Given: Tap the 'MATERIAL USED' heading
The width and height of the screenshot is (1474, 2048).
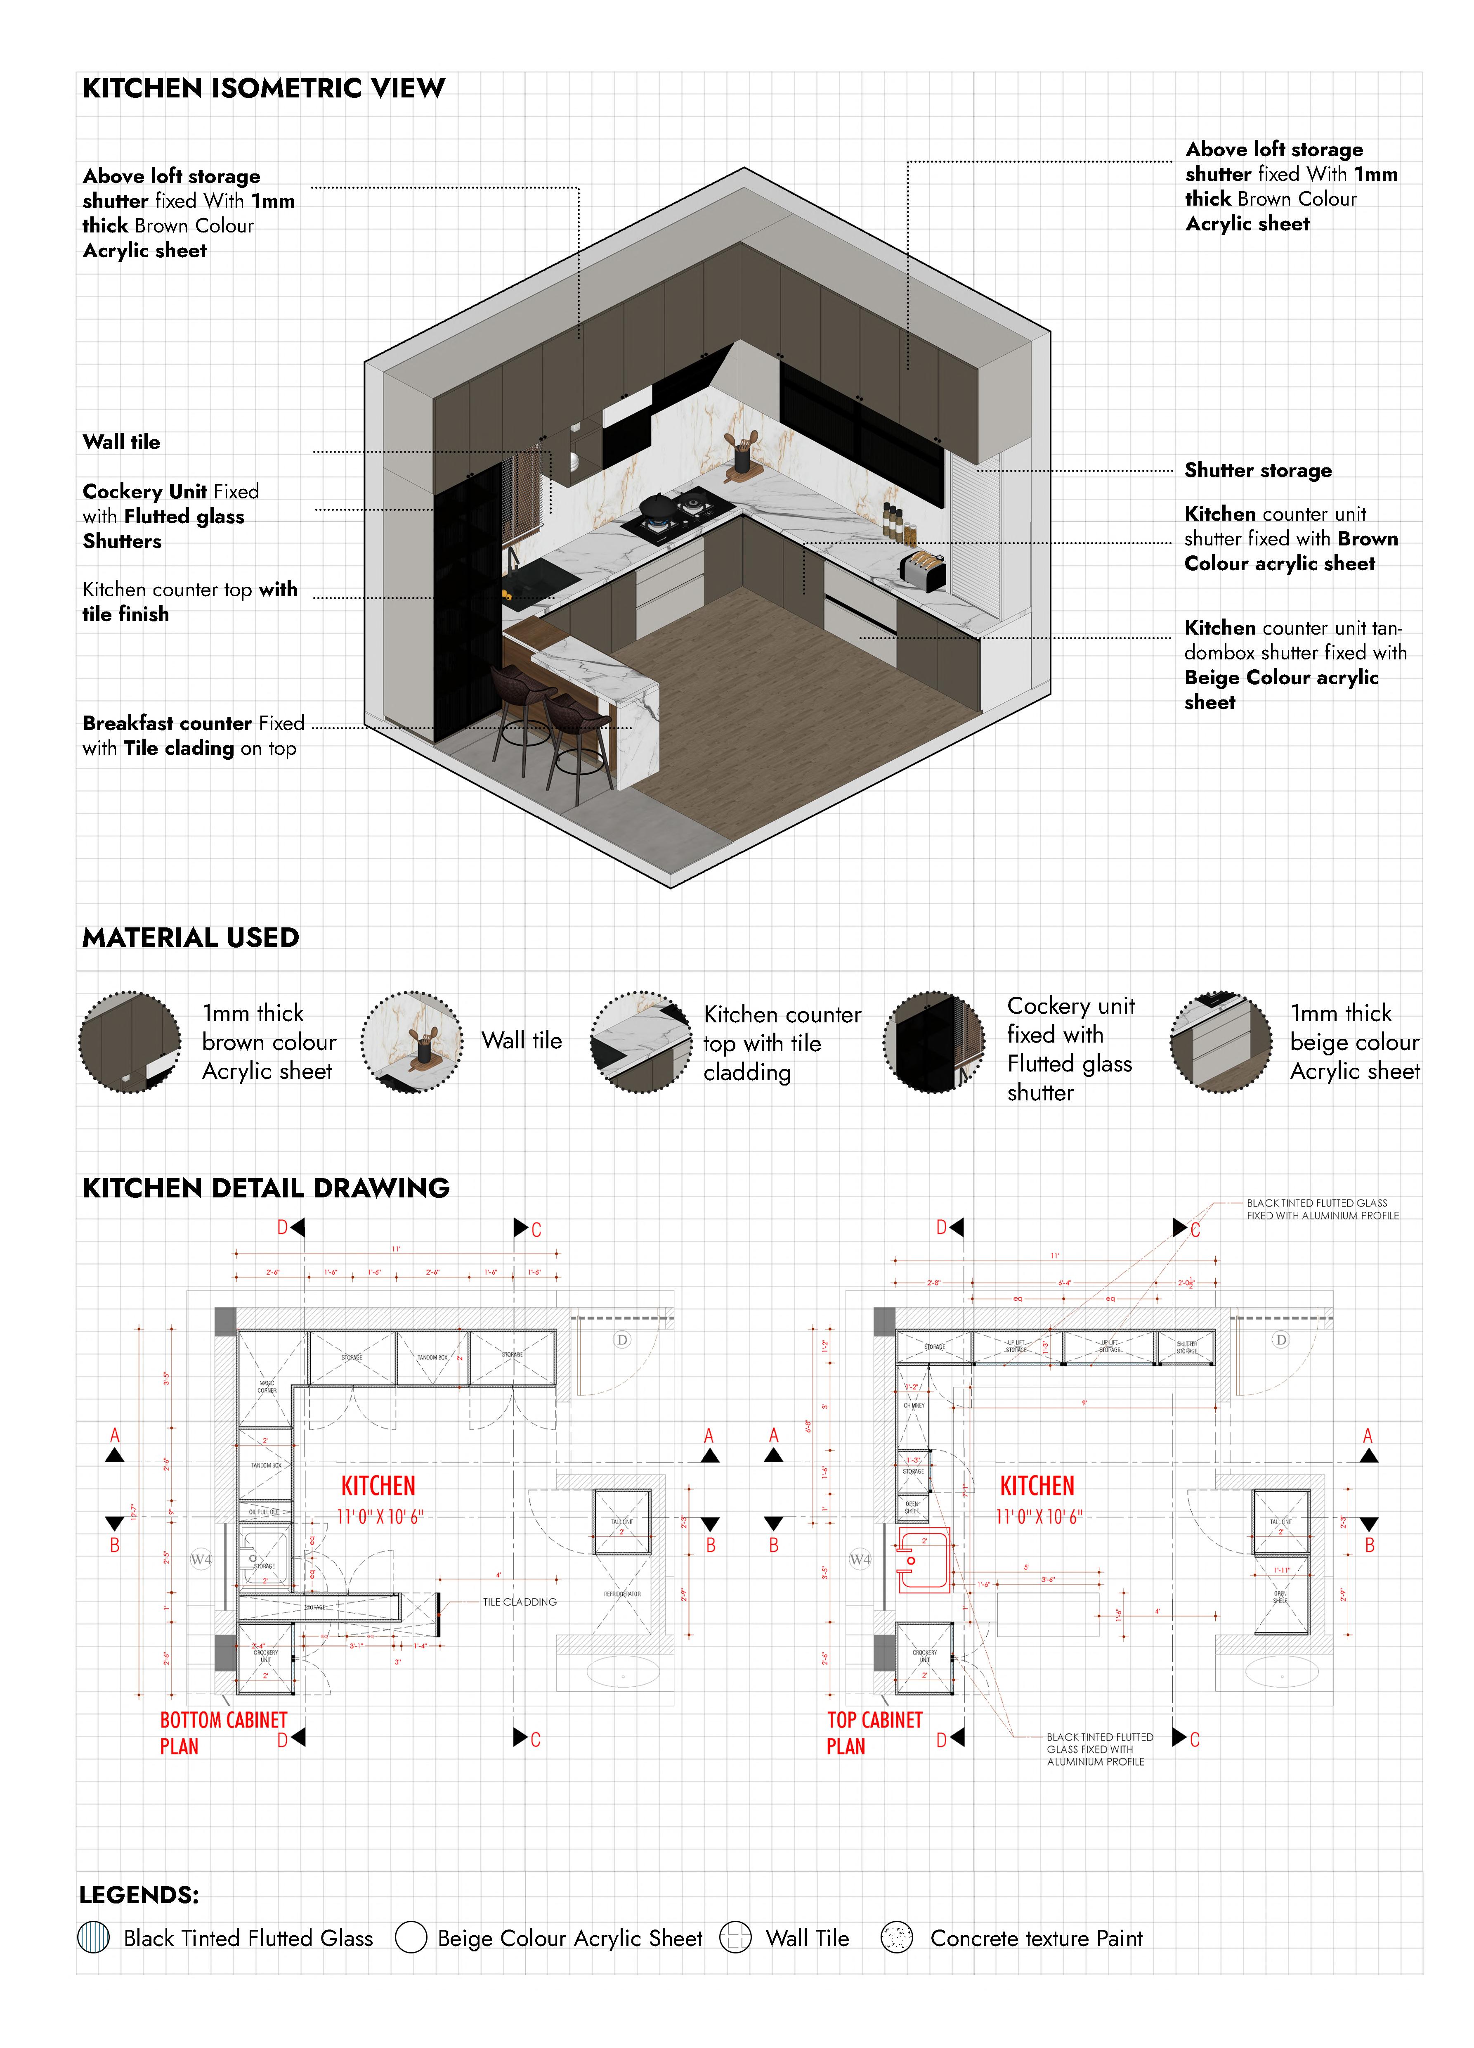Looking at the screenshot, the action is pos(191,937).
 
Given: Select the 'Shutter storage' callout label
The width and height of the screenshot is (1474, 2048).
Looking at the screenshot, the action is pos(1257,470).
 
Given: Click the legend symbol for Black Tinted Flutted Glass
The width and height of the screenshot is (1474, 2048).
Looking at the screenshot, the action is pos(94,1937).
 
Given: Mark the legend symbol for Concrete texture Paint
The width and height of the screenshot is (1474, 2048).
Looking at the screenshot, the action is pos(896,1937).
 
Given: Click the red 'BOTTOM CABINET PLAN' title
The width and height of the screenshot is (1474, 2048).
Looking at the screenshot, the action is pos(223,1732).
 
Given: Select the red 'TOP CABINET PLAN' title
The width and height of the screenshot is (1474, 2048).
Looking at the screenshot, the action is pos(874,1732).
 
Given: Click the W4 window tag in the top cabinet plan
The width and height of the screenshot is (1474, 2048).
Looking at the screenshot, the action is pos(860,1560).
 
